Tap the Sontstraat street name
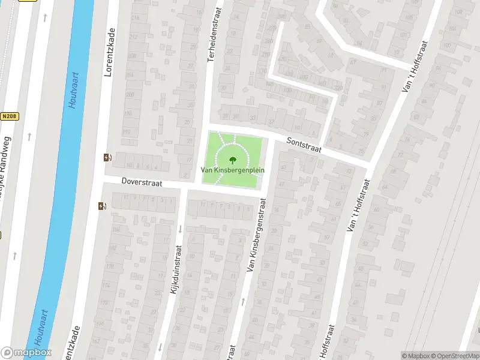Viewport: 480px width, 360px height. point(304,144)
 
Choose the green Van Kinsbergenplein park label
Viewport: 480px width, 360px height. point(232,170)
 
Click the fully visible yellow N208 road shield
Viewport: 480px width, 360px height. point(8,116)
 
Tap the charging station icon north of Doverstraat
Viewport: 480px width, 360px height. point(107,158)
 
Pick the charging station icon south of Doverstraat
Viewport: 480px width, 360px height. point(101,206)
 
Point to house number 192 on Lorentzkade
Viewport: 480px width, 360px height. point(126,132)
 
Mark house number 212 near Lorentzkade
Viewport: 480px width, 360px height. point(133,37)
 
